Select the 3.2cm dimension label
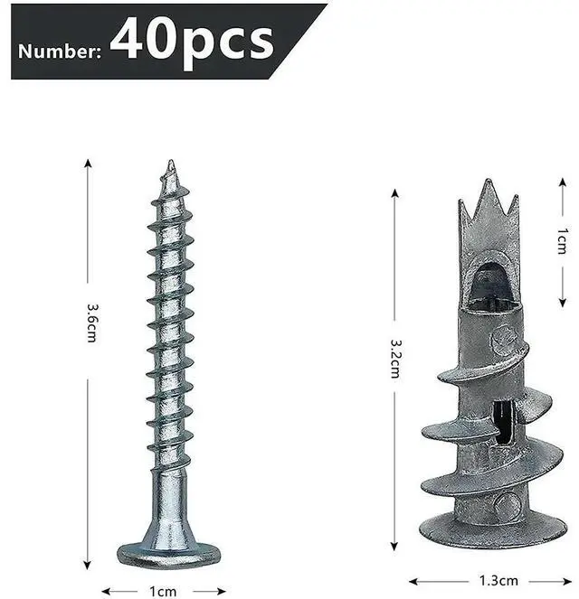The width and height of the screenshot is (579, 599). (x=395, y=360)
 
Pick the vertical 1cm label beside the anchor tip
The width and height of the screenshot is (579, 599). (x=562, y=242)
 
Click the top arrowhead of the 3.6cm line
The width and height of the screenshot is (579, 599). (x=89, y=163)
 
